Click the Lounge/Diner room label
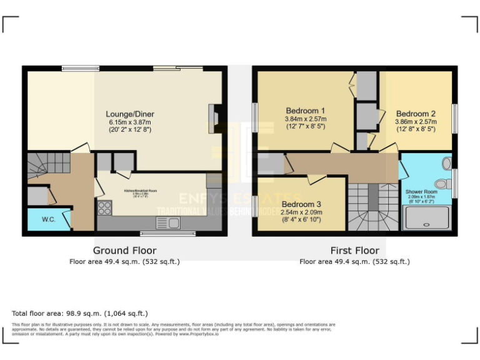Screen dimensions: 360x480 click(x=129, y=114)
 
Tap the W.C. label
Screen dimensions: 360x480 click(x=49, y=219)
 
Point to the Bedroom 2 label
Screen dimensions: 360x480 click(x=415, y=114)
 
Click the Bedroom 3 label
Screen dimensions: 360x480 click(x=301, y=204)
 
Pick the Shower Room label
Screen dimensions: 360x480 click(x=421, y=192)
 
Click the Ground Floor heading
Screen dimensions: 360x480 click(x=124, y=251)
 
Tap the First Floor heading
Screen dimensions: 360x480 click(x=354, y=251)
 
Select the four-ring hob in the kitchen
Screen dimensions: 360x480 click(x=104, y=208)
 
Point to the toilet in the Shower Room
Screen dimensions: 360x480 click(x=442, y=184)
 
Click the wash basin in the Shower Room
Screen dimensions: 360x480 click(x=446, y=164)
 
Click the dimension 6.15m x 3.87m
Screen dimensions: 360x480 click(x=129, y=122)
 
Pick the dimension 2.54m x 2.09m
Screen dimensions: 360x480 click(x=301, y=212)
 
